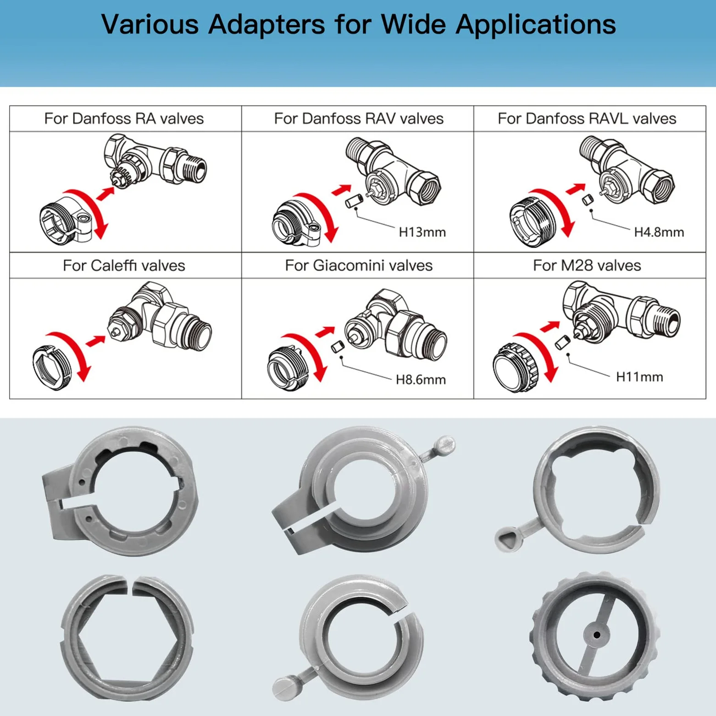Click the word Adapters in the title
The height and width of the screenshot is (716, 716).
[266, 24]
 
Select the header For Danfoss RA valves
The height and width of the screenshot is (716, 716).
[124, 119]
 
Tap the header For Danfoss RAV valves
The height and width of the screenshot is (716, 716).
[359, 119]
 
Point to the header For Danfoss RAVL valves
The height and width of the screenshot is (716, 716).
[587, 119]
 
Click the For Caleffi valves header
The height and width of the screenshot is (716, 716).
[124, 266]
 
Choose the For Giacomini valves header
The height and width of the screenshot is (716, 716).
[359, 266]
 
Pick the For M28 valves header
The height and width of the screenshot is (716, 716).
[587, 266]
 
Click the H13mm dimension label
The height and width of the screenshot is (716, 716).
[422, 232]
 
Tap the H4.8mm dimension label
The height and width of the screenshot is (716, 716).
[659, 232]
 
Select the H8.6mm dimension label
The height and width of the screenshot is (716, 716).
[421, 380]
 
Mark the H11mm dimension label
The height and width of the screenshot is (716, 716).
[639, 377]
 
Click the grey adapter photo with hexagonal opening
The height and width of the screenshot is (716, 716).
[127, 637]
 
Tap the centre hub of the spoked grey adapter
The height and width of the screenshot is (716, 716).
[596, 635]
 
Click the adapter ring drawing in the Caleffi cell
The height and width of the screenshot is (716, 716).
[52, 368]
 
